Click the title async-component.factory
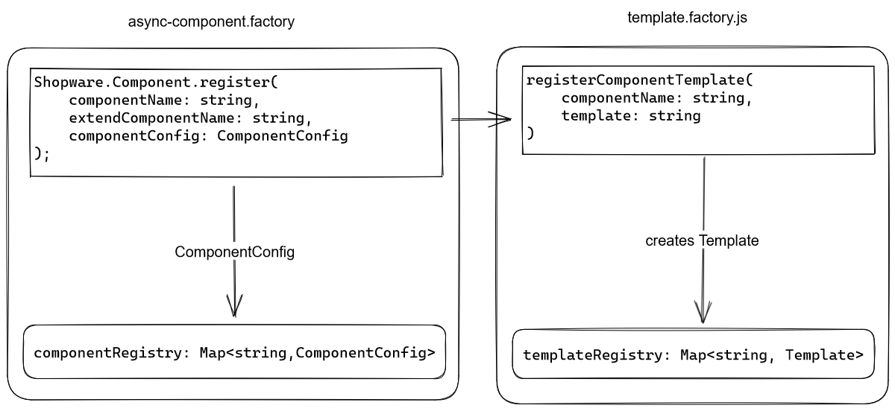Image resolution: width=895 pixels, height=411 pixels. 213,22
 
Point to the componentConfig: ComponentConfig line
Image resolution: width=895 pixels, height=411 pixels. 208,136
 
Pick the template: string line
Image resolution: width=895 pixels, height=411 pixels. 630,115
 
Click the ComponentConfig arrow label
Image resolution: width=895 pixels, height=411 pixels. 235,252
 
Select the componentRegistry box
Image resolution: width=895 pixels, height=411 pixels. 235,351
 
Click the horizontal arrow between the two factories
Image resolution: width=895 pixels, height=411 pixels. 481,120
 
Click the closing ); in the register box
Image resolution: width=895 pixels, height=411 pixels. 42,154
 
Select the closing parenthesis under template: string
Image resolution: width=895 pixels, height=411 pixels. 530,134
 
